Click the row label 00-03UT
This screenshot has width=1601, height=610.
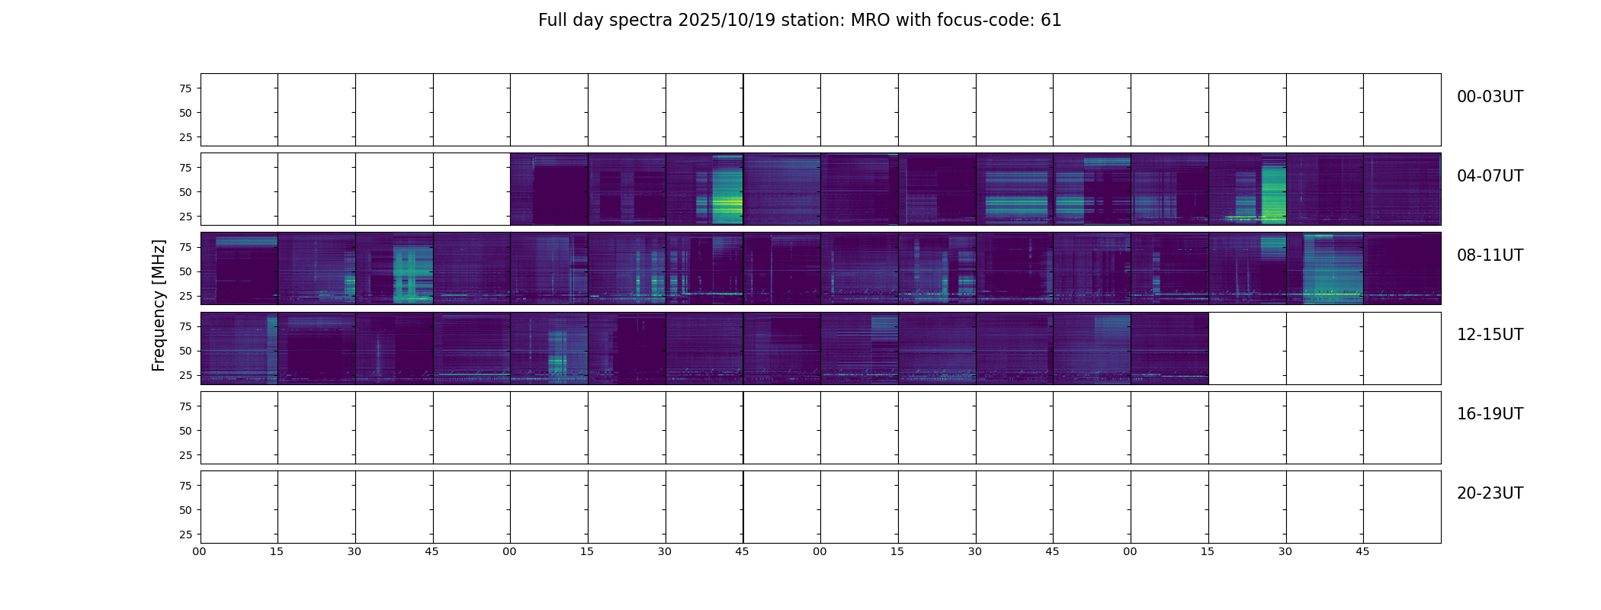pos(1489,97)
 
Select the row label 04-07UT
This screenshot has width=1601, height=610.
pos(1489,176)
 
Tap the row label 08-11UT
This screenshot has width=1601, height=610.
pos(1489,255)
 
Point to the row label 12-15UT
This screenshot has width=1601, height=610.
pos(1489,335)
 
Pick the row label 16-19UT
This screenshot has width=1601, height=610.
pos(1489,414)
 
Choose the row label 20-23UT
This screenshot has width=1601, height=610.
pos(1489,493)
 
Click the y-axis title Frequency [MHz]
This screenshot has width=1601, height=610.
pos(159,305)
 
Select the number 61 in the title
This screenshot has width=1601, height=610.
pos(1051,21)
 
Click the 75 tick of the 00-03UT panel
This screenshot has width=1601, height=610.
pos(185,88)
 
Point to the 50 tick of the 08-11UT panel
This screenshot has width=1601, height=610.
pos(185,271)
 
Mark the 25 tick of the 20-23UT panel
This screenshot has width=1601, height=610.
pos(185,535)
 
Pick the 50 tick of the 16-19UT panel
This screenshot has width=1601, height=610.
pos(185,431)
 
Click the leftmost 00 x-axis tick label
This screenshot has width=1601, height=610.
pos(200,551)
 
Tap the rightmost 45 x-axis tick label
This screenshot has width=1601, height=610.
pos(1362,551)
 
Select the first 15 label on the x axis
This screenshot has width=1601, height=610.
pos(277,551)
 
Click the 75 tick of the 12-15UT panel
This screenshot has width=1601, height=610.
pos(185,326)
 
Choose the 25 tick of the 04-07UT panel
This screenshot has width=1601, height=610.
pos(185,217)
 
